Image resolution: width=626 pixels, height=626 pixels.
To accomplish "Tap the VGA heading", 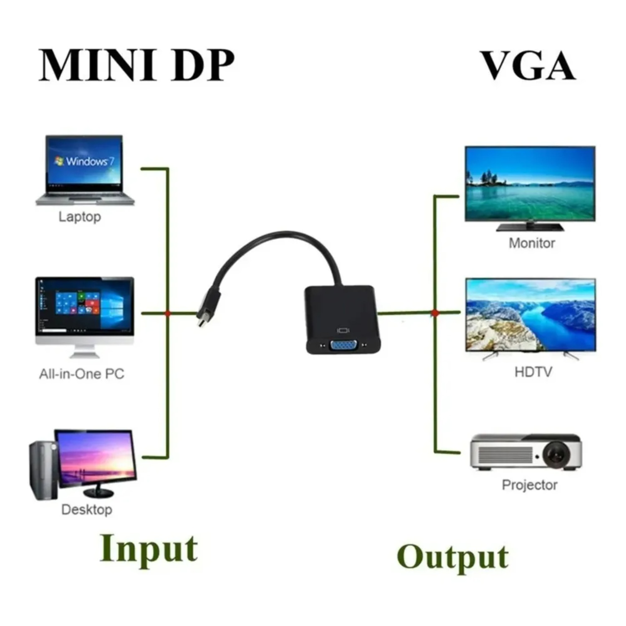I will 528,66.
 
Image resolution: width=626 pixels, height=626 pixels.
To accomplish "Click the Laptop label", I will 79,217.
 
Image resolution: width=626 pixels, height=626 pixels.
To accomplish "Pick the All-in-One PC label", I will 81,374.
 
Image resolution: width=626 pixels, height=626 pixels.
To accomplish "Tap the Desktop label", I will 86,509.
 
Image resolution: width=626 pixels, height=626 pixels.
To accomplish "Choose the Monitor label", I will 532,243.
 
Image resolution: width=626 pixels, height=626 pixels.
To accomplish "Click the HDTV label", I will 533,371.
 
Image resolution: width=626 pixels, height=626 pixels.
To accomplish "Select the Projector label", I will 529,485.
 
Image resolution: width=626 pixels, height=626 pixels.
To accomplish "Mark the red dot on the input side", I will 168,313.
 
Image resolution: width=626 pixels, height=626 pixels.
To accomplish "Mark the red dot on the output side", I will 435,313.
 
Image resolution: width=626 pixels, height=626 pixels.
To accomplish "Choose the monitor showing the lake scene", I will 530,184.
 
